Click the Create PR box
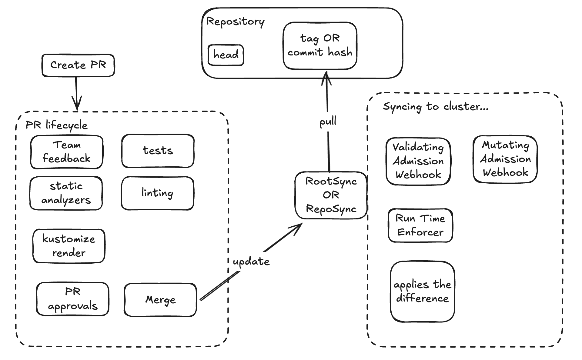point(78,65)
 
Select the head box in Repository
point(226,55)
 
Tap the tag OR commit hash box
point(320,45)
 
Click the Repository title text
point(235,22)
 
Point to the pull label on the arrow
point(328,122)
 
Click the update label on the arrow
point(251,262)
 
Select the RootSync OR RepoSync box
point(331,195)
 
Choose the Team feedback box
point(67,152)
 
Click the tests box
point(158,151)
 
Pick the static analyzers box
point(66,193)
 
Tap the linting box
point(157,193)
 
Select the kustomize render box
point(69,246)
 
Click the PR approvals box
point(73,299)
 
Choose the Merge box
point(160,300)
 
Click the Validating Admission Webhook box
point(418,161)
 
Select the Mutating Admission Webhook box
point(505,159)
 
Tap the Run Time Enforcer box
point(420,225)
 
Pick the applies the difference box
point(422,292)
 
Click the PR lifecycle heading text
point(56,125)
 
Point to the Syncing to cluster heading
point(435,106)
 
